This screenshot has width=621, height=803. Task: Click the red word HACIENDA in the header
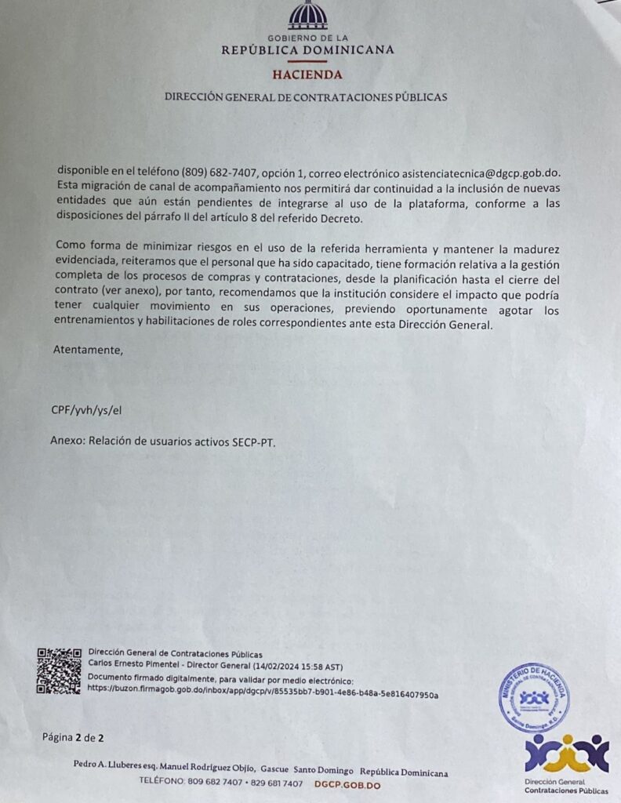tap(307, 75)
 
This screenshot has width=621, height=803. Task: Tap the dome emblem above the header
tap(307, 16)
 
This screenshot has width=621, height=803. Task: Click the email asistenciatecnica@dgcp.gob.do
tap(470, 172)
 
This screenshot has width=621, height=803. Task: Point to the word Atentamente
tap(87, 350)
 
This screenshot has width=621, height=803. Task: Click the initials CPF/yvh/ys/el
tap(86, 409)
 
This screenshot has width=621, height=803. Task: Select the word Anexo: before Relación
tap(67, 441)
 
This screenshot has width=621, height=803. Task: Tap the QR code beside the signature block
tap(59, 670)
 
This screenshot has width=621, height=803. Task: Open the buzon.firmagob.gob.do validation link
tap(263, 695)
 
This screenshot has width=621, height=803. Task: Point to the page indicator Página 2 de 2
tap(73, 738)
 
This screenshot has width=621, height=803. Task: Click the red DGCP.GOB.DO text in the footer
tap(347, 783)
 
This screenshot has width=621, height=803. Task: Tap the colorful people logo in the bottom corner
tap(567, 754)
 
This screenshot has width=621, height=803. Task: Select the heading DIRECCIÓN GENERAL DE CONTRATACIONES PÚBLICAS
tap(306, 97)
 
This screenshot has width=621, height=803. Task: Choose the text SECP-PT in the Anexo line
tap(254, 441)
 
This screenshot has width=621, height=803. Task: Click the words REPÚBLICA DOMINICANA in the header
tap(307, 50)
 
